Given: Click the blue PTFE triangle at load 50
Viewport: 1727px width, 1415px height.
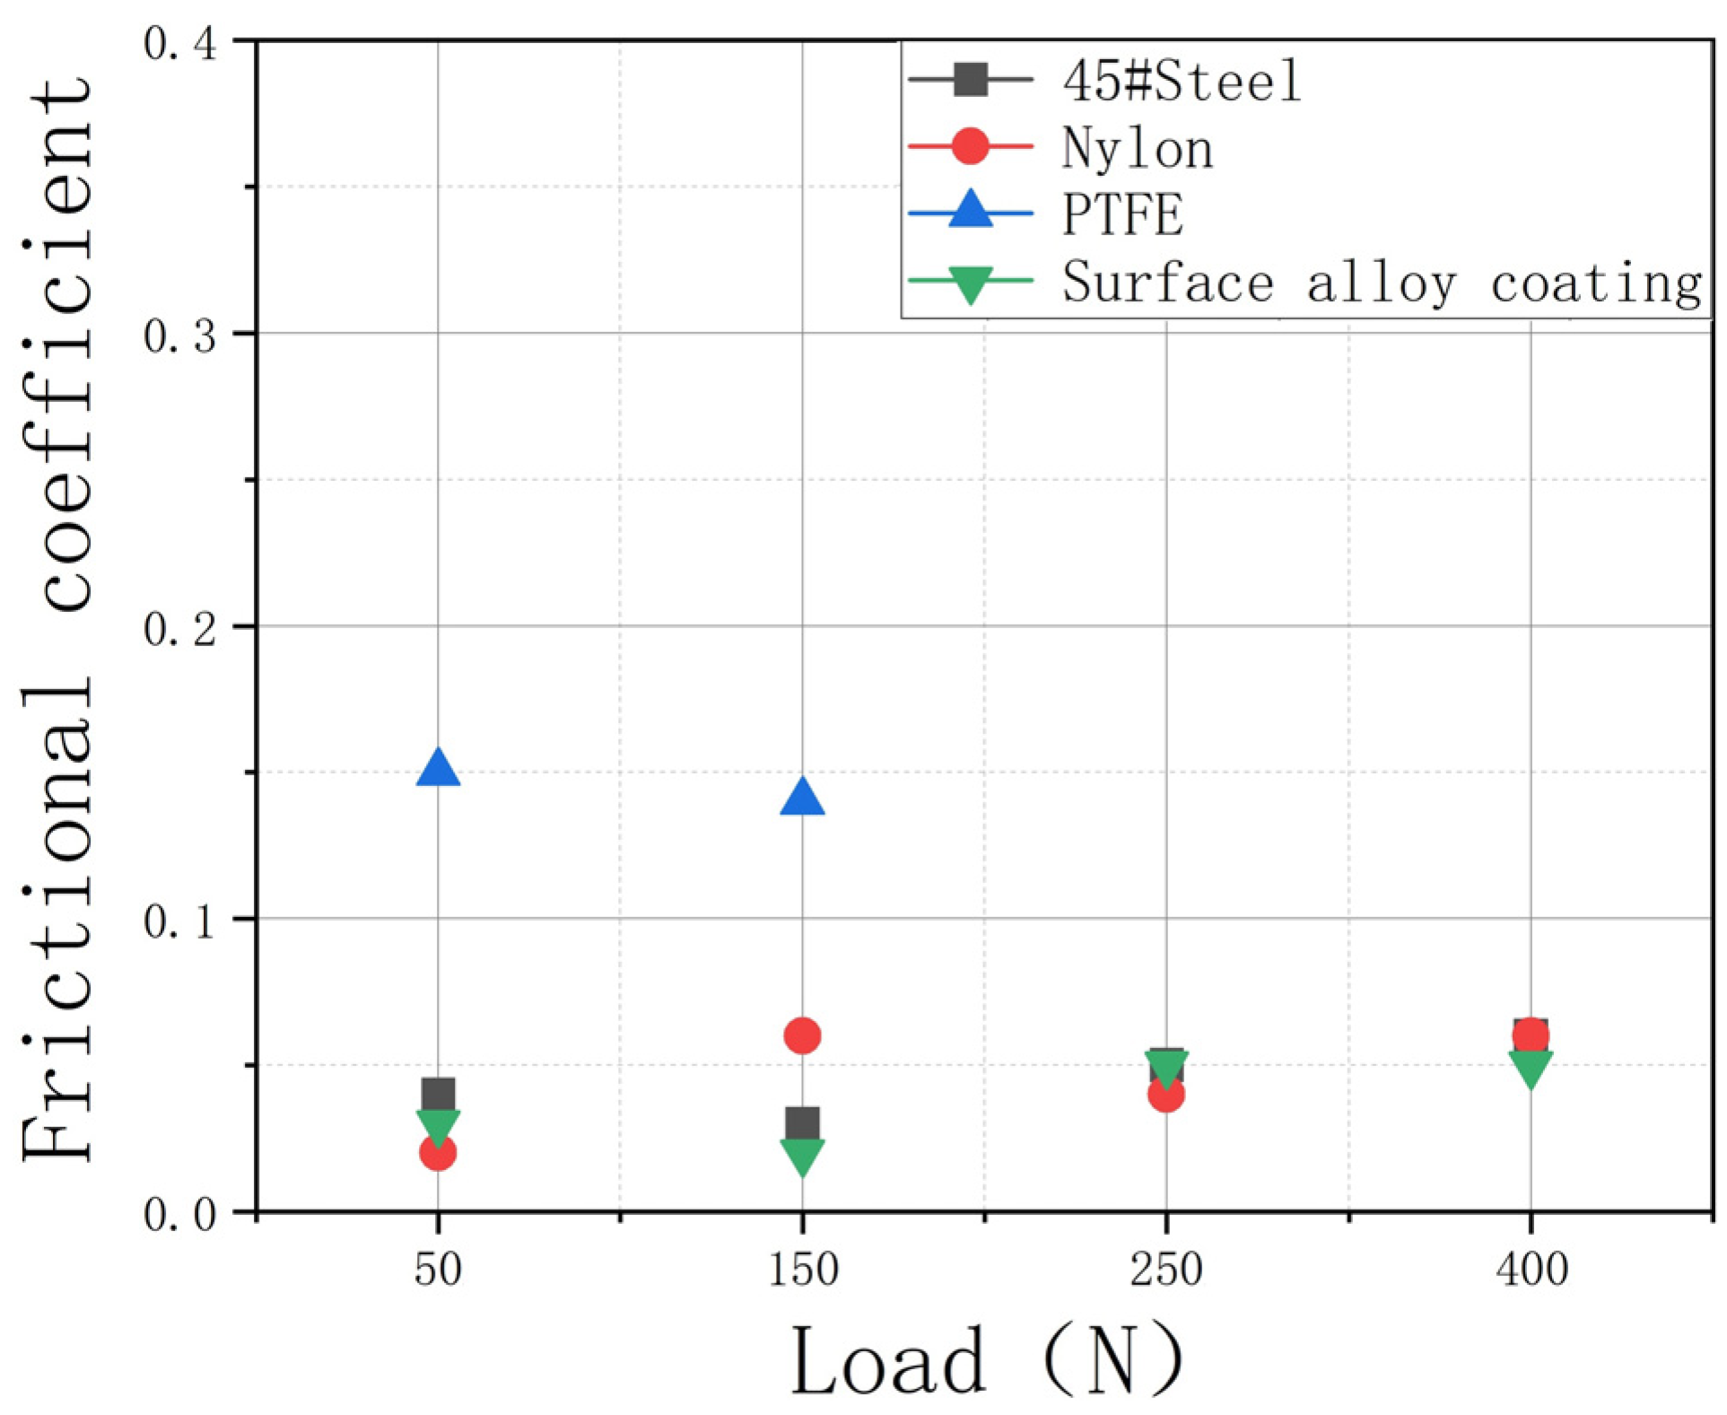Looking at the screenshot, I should [x=438, y=770].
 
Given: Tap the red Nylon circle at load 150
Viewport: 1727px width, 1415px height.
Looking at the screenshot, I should [x=802, y=1035].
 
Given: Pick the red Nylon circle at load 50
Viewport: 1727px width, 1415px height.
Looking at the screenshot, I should [x=438, y=1153].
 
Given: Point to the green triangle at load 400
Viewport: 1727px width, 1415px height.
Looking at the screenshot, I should [x=1531, y=1068].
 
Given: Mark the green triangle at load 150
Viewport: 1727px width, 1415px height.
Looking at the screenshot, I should [x=802, y=1156].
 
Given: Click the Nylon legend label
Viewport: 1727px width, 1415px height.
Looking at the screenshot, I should [x=1138, y=148].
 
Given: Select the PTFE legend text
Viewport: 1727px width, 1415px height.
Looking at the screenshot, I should [x=1121, y=215].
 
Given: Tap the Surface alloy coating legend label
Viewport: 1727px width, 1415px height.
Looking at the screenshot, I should [x=1382, y=283].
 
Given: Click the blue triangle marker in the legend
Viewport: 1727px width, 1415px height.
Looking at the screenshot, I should [x=970, y=212].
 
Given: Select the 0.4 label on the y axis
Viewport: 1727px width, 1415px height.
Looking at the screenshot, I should [x=179, y=43].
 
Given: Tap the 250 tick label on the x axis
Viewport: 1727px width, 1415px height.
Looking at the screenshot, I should [x=1165, y=1270].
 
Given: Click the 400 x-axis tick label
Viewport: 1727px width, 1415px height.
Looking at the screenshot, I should [x=1531, y=1270].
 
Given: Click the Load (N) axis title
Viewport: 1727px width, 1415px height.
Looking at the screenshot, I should [x=985, y=1361].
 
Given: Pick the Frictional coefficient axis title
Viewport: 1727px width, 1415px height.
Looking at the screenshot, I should [x=58, y=619].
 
